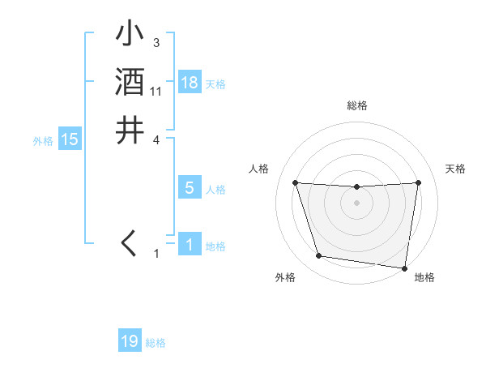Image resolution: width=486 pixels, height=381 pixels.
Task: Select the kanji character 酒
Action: point(130,82)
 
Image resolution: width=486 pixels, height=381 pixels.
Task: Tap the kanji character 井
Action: point(130,130)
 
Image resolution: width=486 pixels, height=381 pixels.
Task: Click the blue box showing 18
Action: point(190,83)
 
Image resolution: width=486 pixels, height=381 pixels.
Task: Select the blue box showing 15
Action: point(70,139)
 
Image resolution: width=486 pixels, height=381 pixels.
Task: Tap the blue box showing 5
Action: point(189,188)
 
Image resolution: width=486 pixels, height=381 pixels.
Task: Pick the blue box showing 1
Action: point(189,244)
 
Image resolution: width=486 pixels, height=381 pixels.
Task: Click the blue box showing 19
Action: point(130,341)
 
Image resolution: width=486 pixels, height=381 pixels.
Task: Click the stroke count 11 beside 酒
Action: point(156,92)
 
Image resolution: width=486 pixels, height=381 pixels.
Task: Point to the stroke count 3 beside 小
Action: point(156,43)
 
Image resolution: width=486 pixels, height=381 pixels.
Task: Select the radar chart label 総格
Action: point(357,105)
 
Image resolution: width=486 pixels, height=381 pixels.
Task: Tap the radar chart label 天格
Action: point(456,169)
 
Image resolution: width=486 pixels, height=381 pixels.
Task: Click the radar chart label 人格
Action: point(258,169)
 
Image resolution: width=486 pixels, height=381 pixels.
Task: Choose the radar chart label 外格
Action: point(285,277)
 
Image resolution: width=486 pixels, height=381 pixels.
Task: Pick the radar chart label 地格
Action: point(424,277)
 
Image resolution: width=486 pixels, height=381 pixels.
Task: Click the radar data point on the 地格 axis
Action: point(404,267)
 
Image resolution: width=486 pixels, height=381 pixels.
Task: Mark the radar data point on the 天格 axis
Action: point(419,182)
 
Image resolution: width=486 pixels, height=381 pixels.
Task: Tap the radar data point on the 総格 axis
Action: point(357,187)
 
